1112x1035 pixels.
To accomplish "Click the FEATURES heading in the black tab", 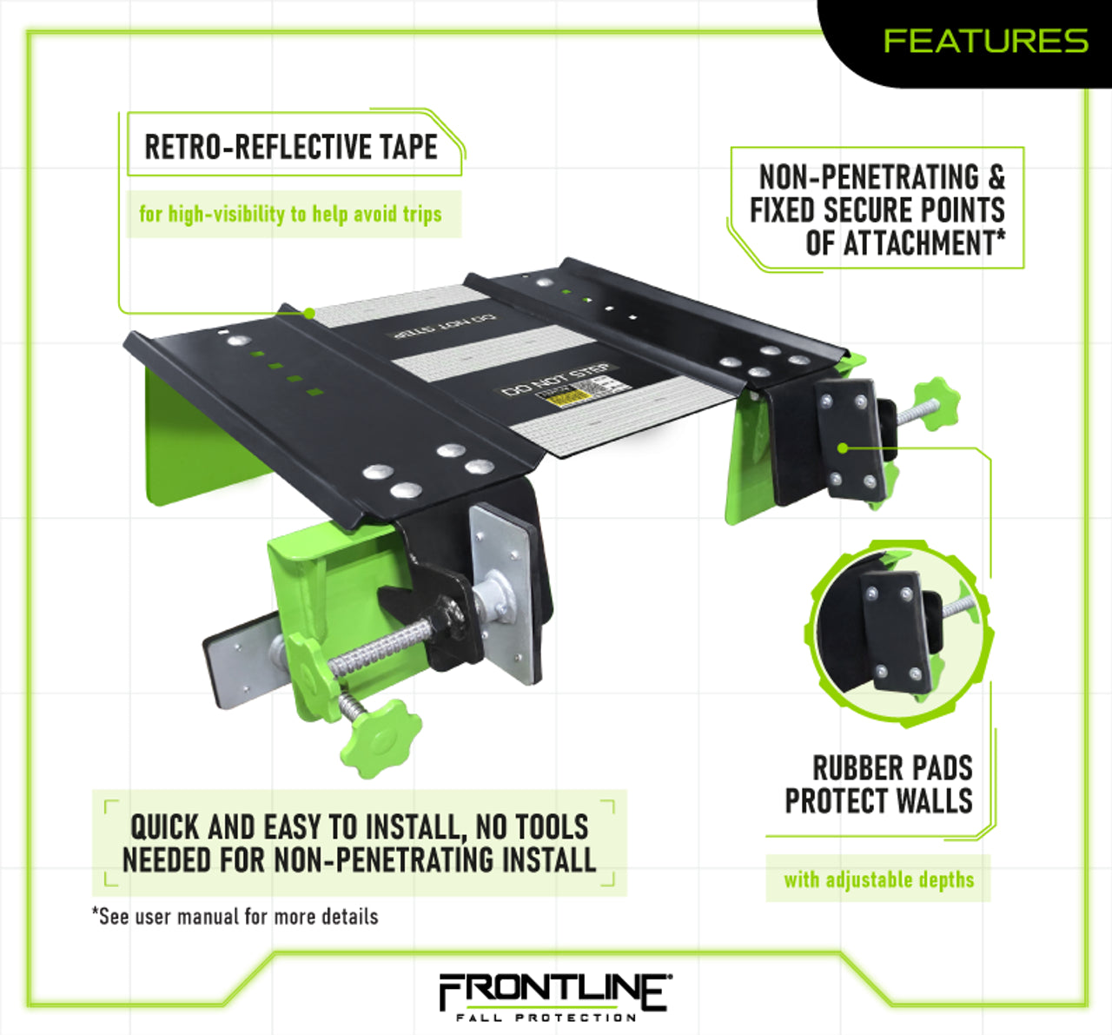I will click(x=985, y=41).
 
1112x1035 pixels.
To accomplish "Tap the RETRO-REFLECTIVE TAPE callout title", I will click(x=291, y=147).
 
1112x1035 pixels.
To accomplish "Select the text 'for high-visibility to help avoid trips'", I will click(x=290, y=214).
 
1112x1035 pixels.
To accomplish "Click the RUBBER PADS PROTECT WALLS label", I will click(x=879, y=784).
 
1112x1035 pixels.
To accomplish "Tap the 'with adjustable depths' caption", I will click(x=878, y=879).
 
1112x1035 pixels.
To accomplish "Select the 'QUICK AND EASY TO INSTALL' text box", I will click(x=359, y=842).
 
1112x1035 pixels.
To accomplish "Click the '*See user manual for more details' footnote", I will click(x=235, y=916).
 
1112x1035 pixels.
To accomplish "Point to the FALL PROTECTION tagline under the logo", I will click(x=546, y=1017).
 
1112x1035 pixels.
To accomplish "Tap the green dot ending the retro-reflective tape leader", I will click(x=308, y=313).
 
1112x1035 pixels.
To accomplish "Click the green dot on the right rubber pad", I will click(x=843, y=448).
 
